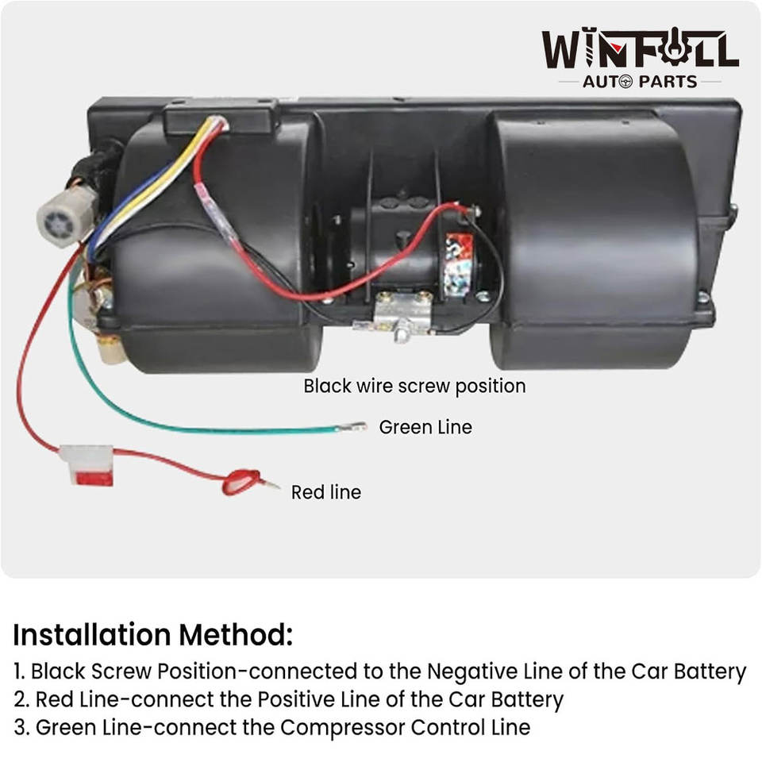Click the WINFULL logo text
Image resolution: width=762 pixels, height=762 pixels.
pos(640,49)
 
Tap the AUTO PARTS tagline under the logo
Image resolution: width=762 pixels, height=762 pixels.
pos(640,81)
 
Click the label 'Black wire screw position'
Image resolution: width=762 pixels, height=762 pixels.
pos(414,387)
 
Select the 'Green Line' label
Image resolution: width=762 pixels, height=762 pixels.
pos(425,427)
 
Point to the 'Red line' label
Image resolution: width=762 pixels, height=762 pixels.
pos(325,492)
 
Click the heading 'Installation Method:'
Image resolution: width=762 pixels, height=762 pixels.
pos(153,635)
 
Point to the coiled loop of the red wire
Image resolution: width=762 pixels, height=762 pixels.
pos(241,480)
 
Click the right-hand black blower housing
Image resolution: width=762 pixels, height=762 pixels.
pos(595,238)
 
